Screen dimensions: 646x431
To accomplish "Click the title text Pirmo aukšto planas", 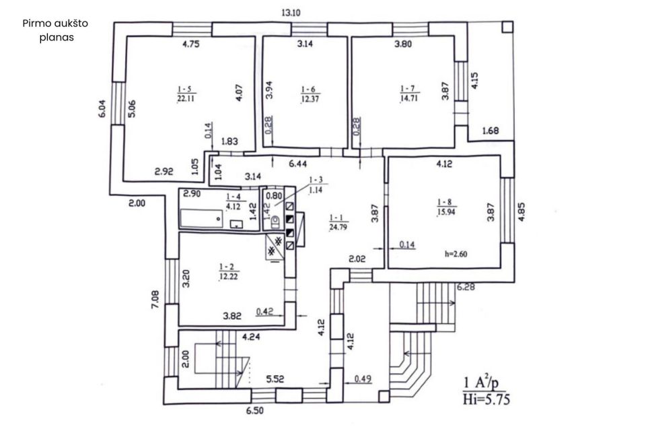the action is (x=55, y=30).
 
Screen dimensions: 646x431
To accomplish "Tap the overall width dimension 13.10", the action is (x=291, y=12).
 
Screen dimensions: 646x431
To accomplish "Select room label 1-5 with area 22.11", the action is (x=186, y=94).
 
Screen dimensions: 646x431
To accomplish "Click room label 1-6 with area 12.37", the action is (x=310, y=94).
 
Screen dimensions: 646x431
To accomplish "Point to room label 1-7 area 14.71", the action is (x=408, y=94).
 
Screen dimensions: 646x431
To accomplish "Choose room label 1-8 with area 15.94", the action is (x=445, y=207).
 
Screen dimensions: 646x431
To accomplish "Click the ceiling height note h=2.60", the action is (x=456, y=254).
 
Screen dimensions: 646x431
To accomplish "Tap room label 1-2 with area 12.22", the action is (x=228, y=272).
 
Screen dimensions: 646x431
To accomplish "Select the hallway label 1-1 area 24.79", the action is (x=338, y=222).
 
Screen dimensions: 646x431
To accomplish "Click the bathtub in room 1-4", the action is (x=202, y=218).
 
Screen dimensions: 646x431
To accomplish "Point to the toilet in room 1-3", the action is (x=275, y=222).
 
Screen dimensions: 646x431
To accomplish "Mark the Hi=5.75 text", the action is (x=487, y=399).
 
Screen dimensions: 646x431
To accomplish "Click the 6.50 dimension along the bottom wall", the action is (x=255, y=411).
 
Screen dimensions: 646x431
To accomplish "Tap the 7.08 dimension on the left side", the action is (x=155, y=300).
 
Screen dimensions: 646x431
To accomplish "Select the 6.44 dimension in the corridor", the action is (x=298, y=164).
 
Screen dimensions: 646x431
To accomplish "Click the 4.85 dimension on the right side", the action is (x=522, y=212).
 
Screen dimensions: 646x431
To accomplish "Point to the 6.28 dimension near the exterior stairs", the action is (x=466, y=287).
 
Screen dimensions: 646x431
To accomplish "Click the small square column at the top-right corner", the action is (x=507, y=27).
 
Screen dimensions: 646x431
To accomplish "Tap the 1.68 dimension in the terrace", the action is (x=491, y=131).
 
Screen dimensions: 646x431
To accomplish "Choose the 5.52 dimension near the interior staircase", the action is (x=275, y=378).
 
